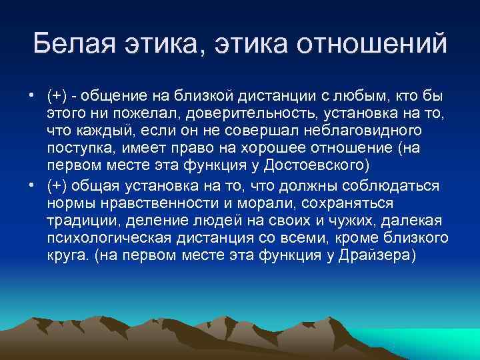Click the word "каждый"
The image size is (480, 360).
[94, 128]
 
